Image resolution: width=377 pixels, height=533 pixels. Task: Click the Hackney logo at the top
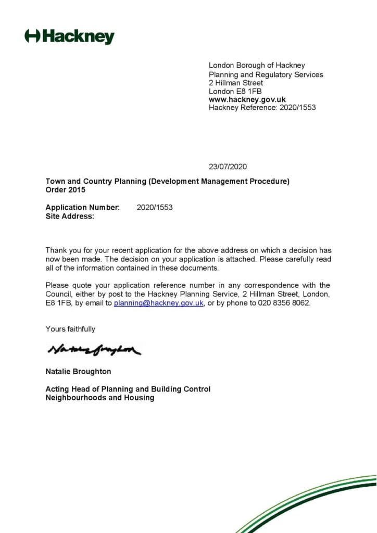click(x=69, y=36)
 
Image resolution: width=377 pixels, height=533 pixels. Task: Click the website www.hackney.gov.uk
click(x=247, y=99)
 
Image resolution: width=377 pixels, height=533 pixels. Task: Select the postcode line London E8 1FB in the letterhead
click(x=235, y=91)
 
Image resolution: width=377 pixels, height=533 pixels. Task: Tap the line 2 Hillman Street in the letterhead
click(x=236, y=83)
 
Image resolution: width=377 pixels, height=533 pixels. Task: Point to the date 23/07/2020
click(x=228, y=167)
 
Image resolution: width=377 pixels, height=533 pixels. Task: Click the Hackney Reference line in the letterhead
click(x=262, y=108)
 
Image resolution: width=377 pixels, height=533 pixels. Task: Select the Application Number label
click(x=82, y=207)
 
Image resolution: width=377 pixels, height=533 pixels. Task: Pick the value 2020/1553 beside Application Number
click(x=154, y=207)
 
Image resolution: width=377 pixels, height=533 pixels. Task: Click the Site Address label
click(x=70, y=216)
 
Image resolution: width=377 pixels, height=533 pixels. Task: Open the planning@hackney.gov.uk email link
click(x=158, y=303)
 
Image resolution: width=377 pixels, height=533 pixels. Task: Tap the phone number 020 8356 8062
click(x=284, y=303)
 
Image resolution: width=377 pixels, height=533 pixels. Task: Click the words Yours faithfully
click(x=70, y=329)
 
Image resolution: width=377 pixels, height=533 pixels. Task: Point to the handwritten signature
click(x=94, y=351)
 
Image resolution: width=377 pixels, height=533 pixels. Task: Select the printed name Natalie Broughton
click(x=78, y=372)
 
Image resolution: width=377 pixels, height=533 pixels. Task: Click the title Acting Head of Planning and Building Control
click(x=128, y=389)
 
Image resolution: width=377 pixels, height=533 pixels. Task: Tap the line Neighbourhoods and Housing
click(x=99, y=398)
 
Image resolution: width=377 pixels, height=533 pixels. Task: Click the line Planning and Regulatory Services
click(x=266, y=74)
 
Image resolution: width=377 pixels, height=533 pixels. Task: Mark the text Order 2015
click(x=65, y=190)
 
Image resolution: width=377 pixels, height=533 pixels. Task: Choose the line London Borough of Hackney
click(x=257, y=65)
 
